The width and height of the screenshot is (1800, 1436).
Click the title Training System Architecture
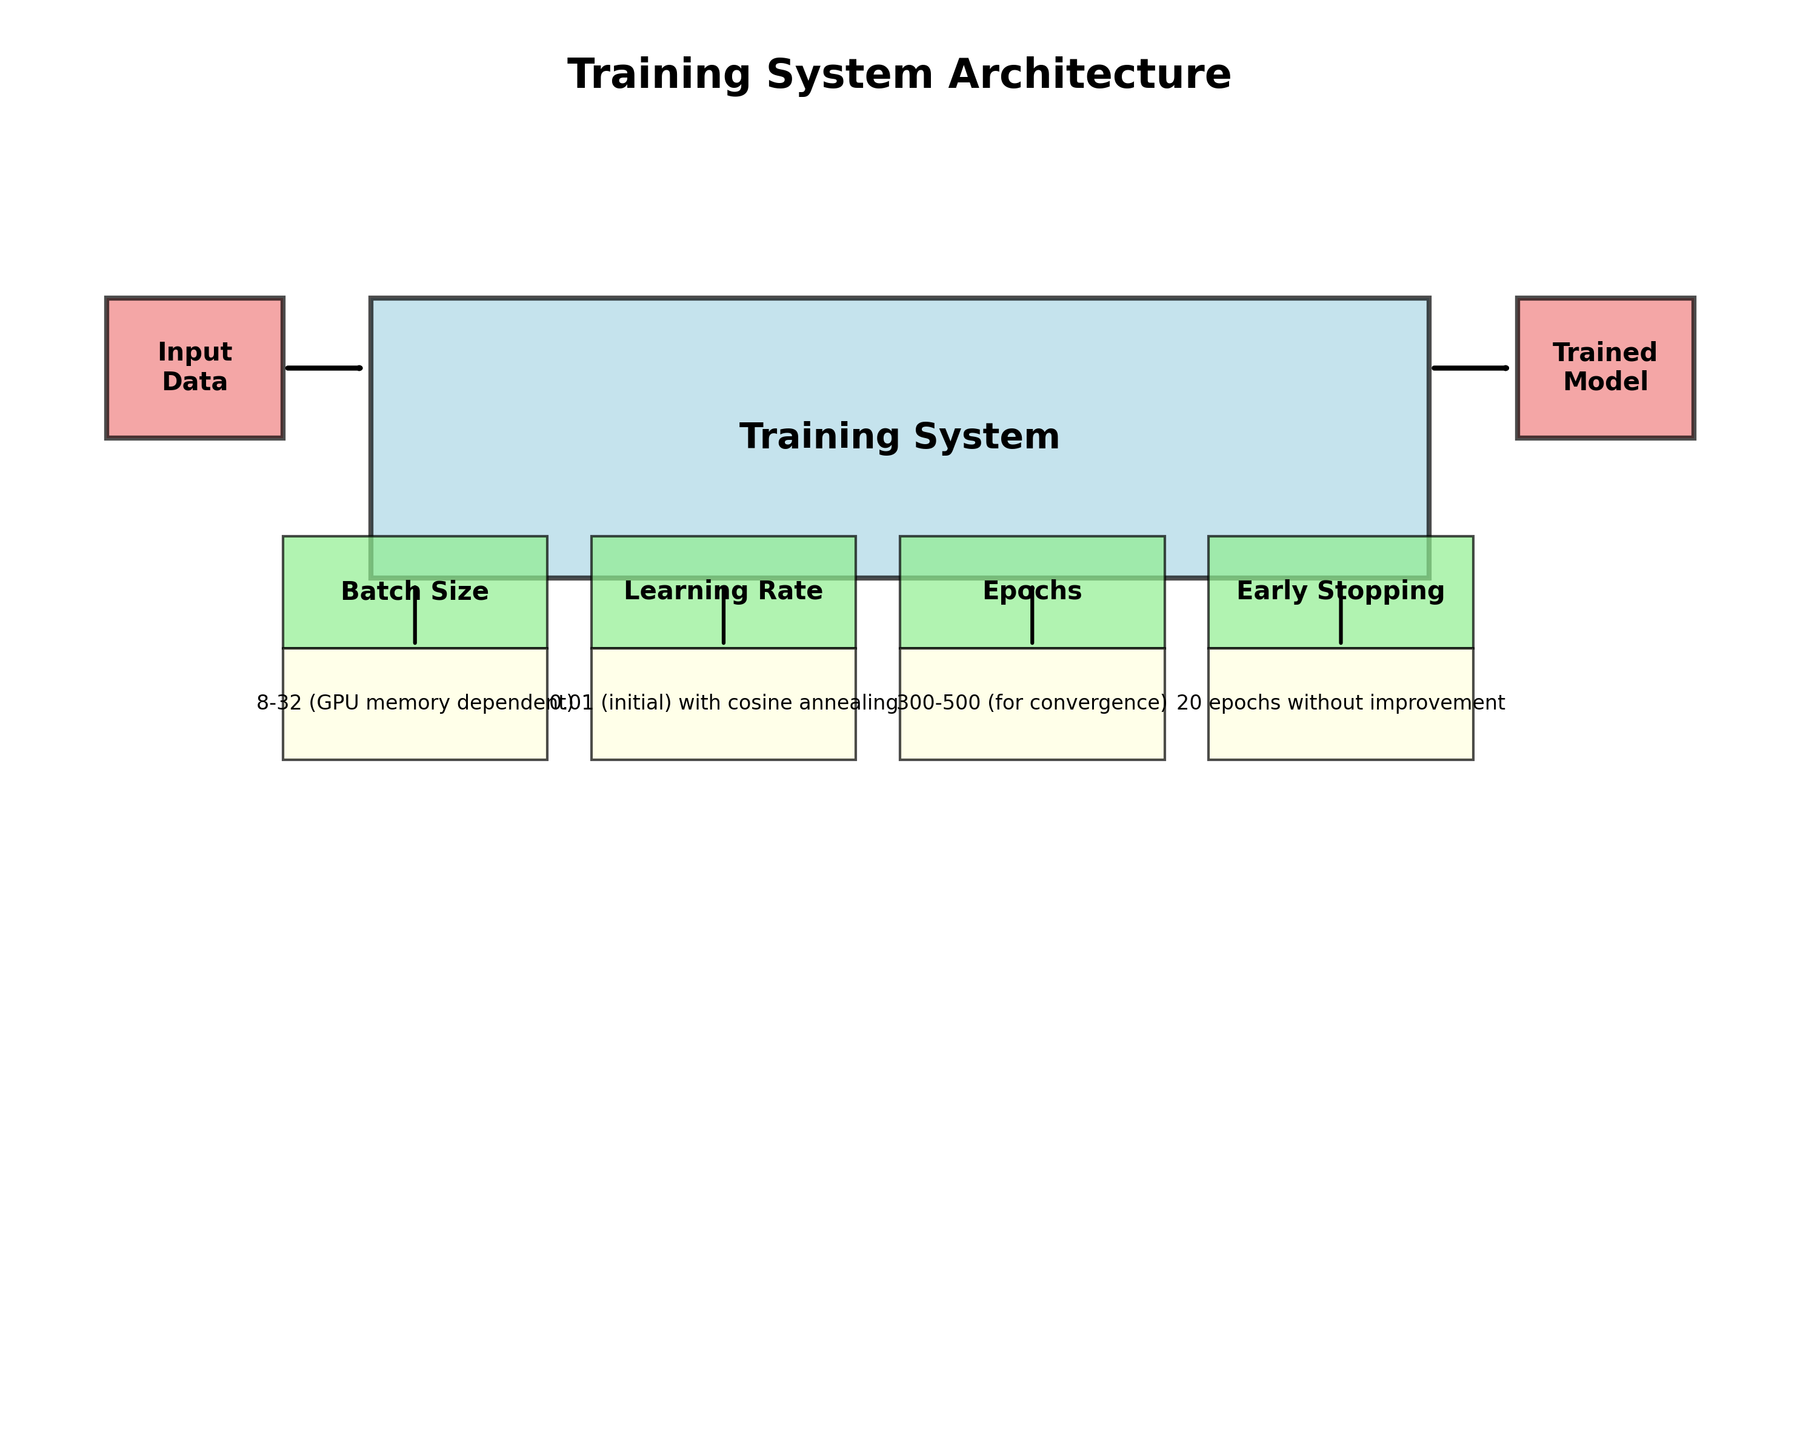(x=899, y=75)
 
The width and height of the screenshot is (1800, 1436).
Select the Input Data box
(x=195, y=367)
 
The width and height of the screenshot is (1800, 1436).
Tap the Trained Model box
(x=1605, y=367)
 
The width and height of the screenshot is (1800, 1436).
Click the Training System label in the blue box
(x=899, y=437)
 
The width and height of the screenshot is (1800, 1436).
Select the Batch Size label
(x=415, y=592)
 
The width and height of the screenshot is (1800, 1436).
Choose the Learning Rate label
(x=723, y=591)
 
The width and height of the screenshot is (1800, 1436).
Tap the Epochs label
(x=1032, y=591)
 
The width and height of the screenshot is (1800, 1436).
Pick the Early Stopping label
(x=1340, y=591)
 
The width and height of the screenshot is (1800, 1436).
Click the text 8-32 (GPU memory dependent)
(x=415, y=703)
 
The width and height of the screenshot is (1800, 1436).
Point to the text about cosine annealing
(x=723, y=703)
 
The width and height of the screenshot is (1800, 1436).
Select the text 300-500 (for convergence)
(x=1032, y=703)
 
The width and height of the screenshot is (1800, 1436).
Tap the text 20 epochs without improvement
(x=1340, y=703)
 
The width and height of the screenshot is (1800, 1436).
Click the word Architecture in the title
(x=1090, y=75)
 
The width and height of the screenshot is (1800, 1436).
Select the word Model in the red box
(x=1605, y=382)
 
